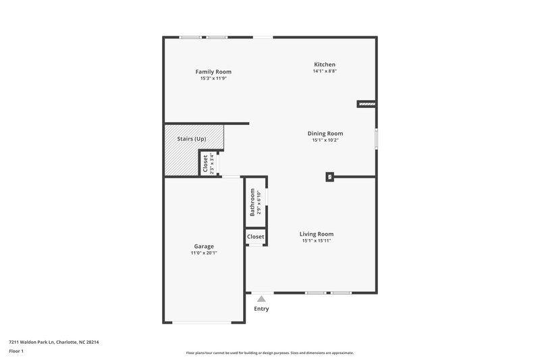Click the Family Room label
pos(213,72)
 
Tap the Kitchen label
pos(324,64)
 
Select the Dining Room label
pos(325,134)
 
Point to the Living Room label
pos(317,234)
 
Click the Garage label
pos(204,247)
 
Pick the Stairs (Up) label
pos(191,139)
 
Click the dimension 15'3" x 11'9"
pos(213,78)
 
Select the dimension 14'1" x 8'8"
pos(324,71)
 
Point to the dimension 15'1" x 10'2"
pos(325,140)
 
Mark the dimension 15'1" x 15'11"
pos(317,240)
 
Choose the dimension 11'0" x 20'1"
pos(204,253)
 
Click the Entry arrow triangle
pos(261,298)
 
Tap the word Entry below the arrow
pos(261,309)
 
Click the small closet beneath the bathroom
pos(255,237)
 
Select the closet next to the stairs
pos(206,163)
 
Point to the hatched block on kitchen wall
pos(366,104)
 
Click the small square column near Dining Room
pos(329,177)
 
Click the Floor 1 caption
pos(16,352)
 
